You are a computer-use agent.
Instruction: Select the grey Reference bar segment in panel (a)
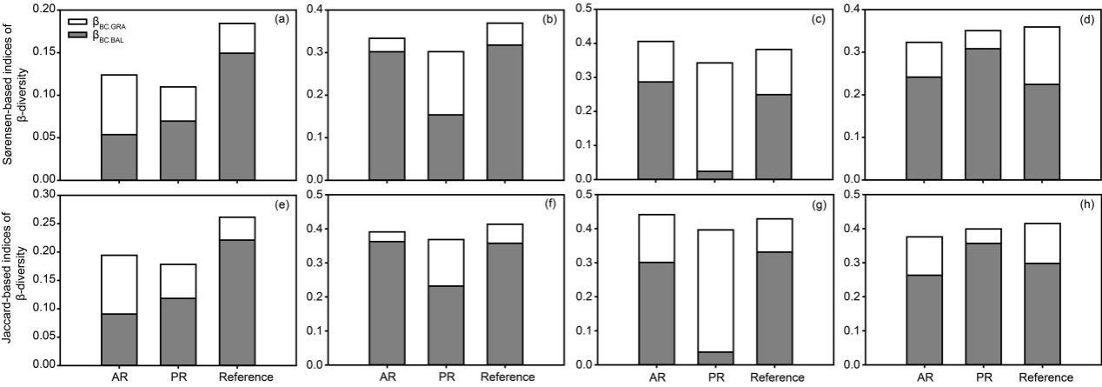[x=236, y=116]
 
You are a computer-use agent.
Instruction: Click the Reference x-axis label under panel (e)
[x=247, y=377]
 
